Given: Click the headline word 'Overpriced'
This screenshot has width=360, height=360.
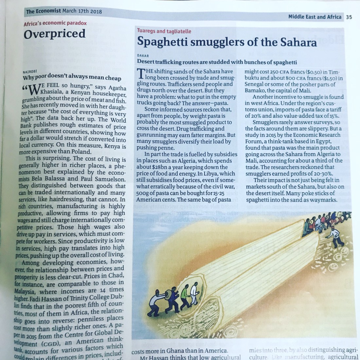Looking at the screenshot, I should point(55,34).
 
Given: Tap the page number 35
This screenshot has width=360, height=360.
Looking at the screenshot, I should point(349,17).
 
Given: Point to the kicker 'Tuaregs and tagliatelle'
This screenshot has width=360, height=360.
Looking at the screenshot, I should point(164,31).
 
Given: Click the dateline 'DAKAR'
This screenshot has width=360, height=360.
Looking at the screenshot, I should point(143,56).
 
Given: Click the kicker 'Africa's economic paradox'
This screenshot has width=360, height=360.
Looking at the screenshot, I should point(55,23).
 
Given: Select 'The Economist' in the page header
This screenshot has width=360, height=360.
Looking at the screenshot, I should point(43,11).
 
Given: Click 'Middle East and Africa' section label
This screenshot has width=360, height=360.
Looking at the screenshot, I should point(315,17).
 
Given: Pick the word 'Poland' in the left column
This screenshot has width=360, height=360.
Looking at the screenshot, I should point(79,152).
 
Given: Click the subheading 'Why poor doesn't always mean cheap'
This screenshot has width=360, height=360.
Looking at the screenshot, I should point(72,78).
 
